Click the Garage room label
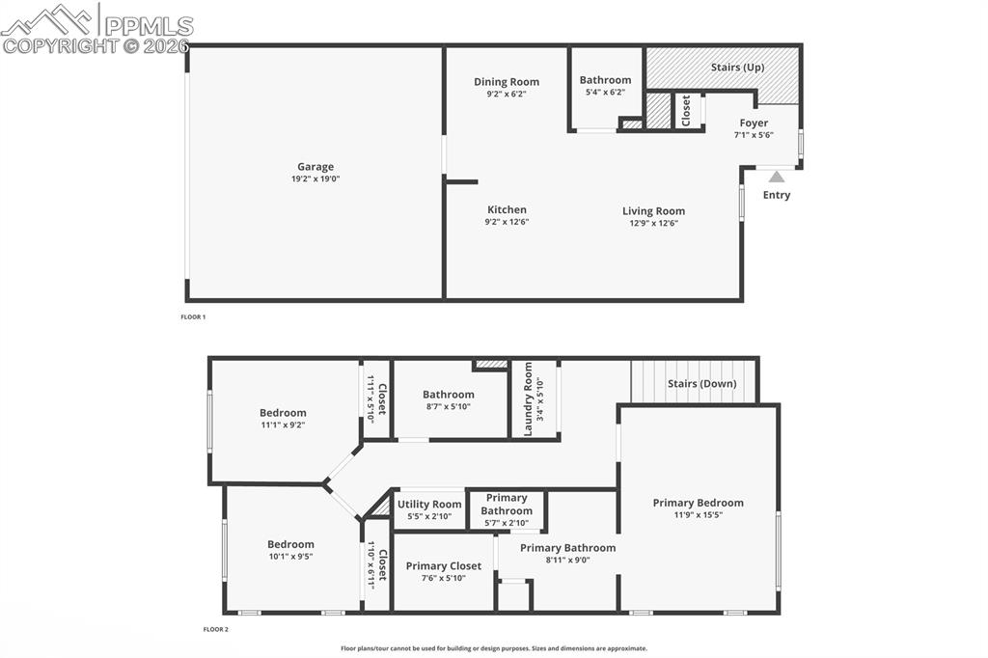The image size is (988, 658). coord(316,167)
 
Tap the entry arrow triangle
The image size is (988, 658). coord(777,177)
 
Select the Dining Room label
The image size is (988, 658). coord(507,82)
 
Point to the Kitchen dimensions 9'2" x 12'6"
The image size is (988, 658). coord(507,222)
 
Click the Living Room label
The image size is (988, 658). coord(653,211)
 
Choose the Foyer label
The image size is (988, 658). coord(754,123)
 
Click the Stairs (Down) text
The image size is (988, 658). coord(701,384)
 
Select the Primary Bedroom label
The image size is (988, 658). coord(698,503)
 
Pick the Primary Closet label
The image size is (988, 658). coord(444,566)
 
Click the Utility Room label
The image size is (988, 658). coord(429,505)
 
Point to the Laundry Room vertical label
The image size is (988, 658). coord(528,399)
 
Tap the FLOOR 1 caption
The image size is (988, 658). coord(193,317)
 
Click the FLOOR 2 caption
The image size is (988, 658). coord(215,630)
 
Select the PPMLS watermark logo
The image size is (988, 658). coord(96,27)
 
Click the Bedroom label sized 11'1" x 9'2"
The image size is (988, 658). coord(283,413)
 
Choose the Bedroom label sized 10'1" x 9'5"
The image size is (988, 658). coord(290,544)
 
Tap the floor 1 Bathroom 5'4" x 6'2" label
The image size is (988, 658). coord(605,80)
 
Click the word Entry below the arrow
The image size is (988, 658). coord(777,195)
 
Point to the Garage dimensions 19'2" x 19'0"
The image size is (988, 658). coord(316,179)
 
